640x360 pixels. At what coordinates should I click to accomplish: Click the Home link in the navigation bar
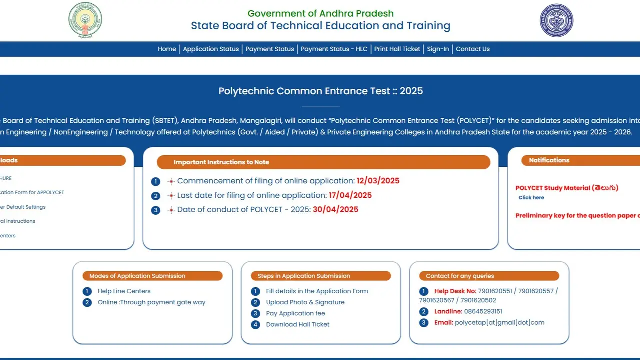pos(167,49)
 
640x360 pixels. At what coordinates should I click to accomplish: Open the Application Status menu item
pos(211,49)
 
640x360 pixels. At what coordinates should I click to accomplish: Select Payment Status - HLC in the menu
pos(334,49)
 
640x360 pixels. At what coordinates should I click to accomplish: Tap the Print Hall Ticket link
pos(397,49)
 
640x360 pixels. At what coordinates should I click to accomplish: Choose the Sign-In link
pos(438,49)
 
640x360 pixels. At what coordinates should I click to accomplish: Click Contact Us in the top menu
pos(473,49)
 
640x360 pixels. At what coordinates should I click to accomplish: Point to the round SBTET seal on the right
pos(556,20)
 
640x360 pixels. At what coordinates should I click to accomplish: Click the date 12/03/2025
pos(378,181)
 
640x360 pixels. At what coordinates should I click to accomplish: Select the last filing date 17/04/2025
pos(350,195)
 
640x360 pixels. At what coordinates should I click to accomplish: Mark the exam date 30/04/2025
pos(335,209)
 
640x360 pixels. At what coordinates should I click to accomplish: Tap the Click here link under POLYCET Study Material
pos(531,198)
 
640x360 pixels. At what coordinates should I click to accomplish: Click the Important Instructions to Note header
pos(221,162)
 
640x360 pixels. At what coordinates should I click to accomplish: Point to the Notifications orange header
pos(549,160)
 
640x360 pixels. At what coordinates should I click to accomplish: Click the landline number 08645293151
pos(483,311)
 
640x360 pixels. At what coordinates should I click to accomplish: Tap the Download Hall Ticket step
pos(298,324)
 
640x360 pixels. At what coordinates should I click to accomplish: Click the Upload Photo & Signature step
pos(305,302)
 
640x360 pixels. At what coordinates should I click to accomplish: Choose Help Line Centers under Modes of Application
pos(124,291)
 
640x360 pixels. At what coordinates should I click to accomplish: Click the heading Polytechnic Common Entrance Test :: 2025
pos(320,91)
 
